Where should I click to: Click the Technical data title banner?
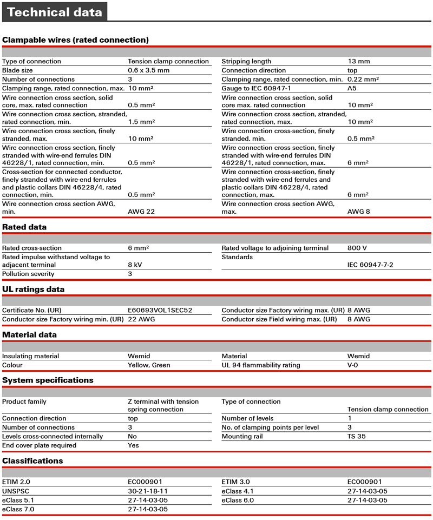click(x=54, y=12)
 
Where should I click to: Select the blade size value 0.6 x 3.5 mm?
click(x=148, y=70)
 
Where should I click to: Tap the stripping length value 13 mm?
click(x=358, y=62)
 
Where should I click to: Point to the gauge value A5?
click(x=352, y=88)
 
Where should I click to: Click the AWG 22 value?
click(x=141, y=212)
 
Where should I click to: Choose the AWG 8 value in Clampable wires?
click(x=358, y=212)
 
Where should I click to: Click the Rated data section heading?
click(x=24, y=227)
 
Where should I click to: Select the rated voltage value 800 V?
click(x=357, y=248)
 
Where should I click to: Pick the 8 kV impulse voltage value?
click(x=135, y=265)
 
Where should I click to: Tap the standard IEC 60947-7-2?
click(x=370, y=265)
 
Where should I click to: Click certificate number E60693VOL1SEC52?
click(x=160, y=311)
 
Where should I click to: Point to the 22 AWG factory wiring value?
click(x=141, y=320)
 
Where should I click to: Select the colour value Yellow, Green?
click(x=149, y=365)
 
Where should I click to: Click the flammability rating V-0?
click(x=352, y=365)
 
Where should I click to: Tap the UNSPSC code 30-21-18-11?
click(x=148, y=491)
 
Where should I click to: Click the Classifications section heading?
click(x=32, y=461)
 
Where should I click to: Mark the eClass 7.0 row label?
click(x=18, y=509)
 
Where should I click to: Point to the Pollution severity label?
click(x=28, y=274)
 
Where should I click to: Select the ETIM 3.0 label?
click(x=236, y=482)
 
